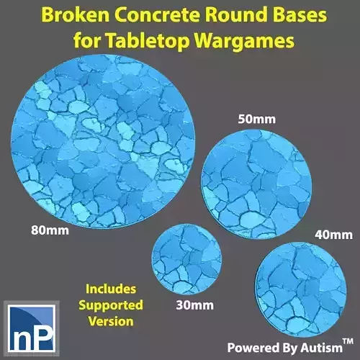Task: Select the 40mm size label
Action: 333,235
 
